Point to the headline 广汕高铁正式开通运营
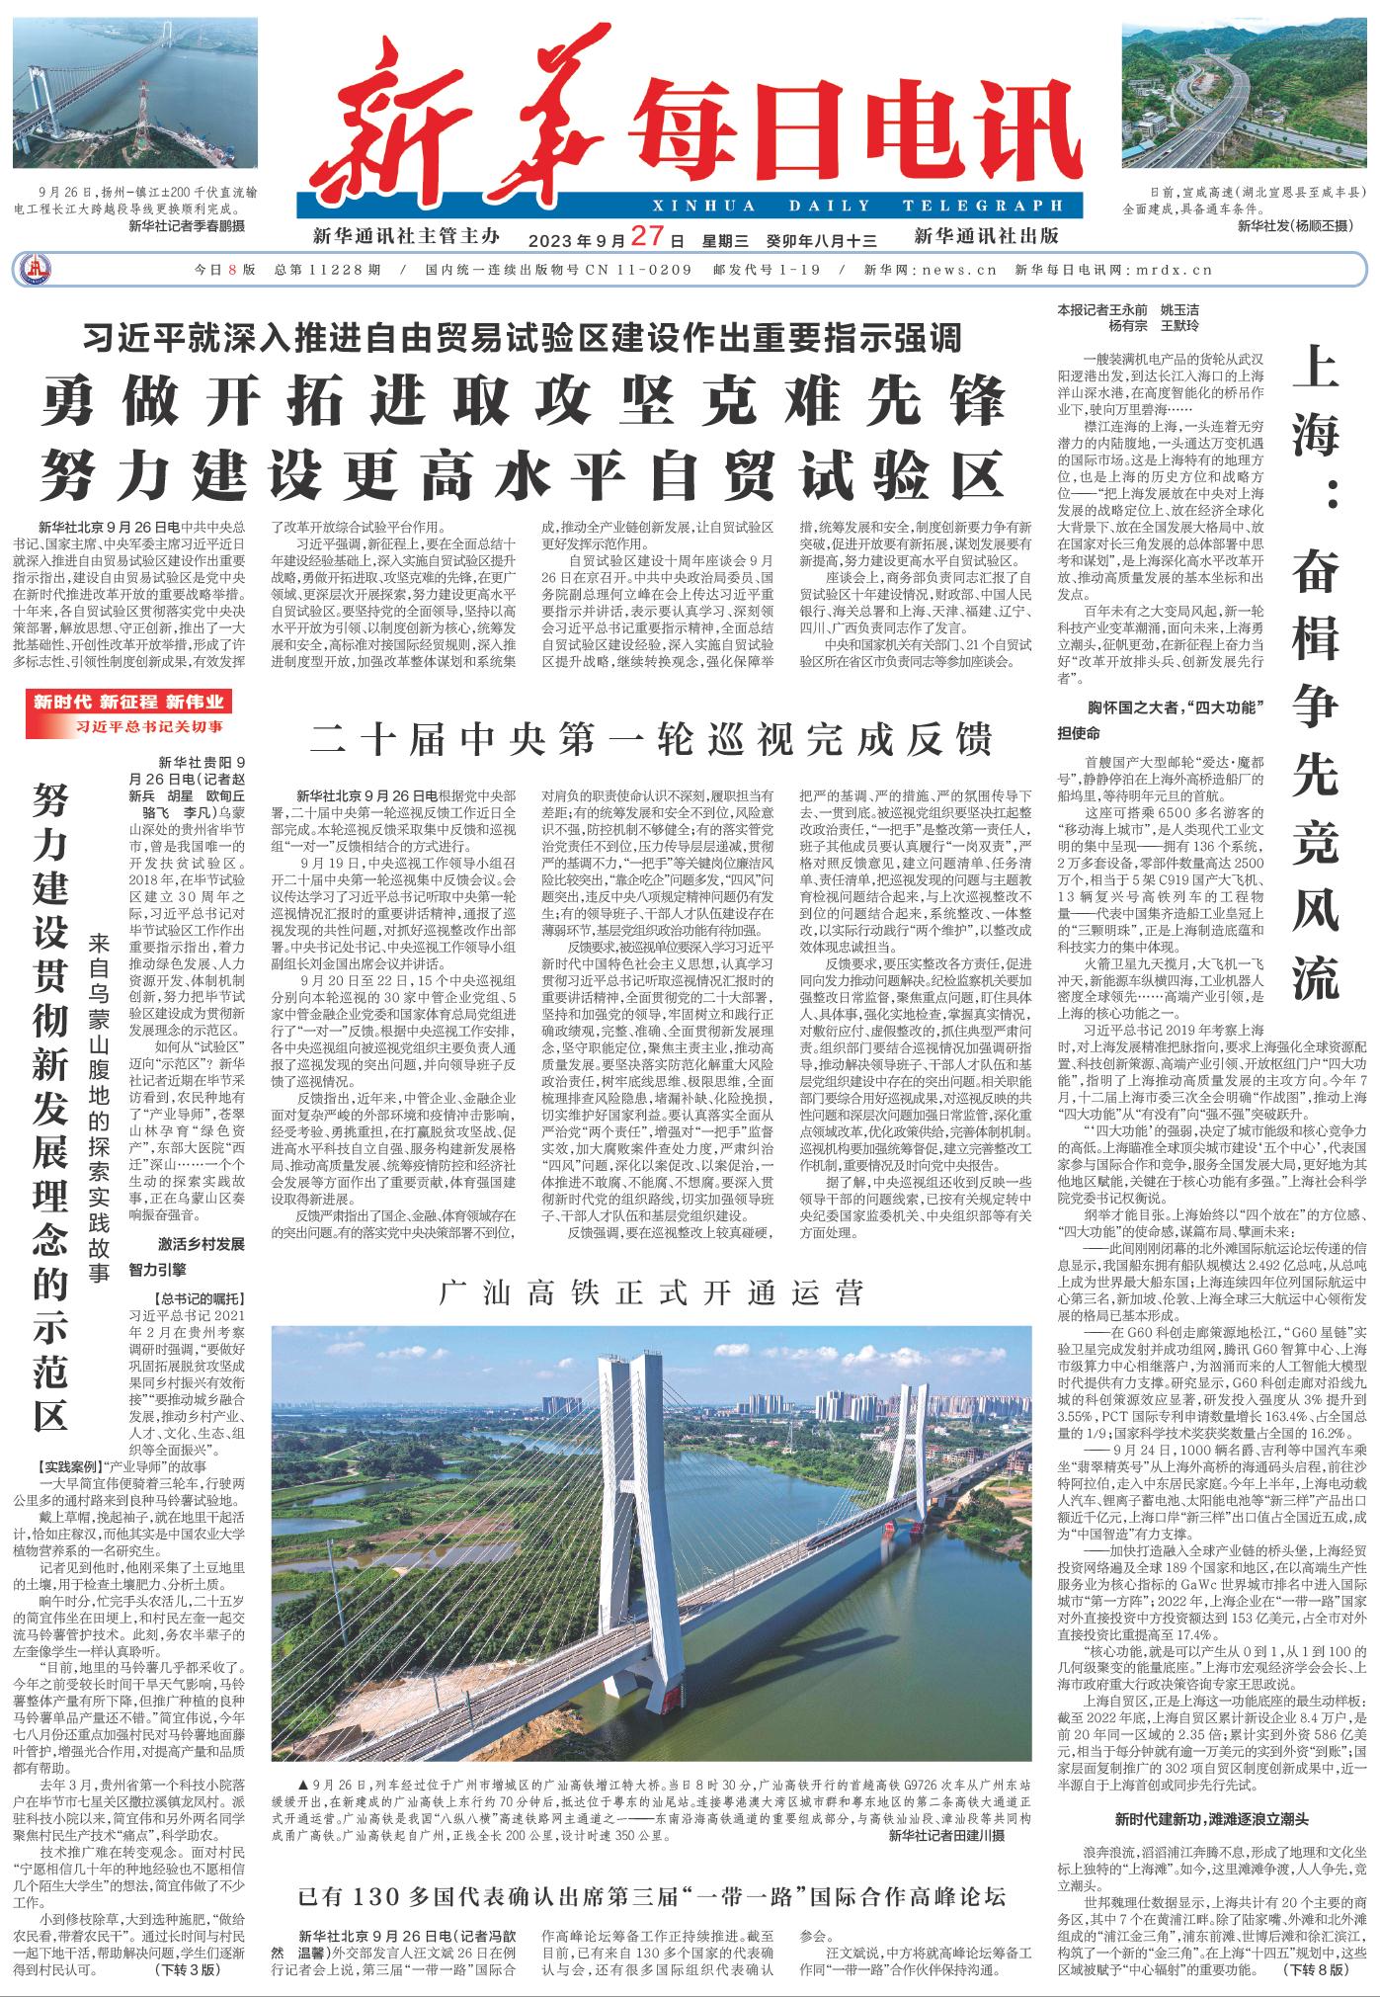[x=651, y=1291]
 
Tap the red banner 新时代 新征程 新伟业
[x=128, y=703]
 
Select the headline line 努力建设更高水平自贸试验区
[x=524, y=475]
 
